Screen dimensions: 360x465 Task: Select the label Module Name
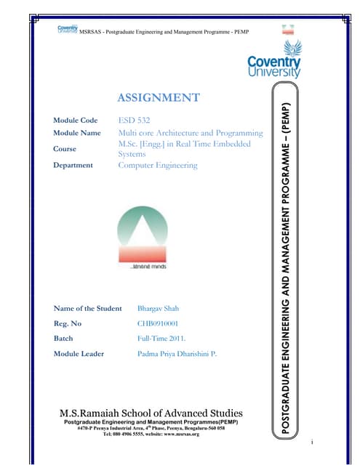(76, 134)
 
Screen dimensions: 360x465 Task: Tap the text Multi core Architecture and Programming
(191, 134)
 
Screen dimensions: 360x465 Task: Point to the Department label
(73, 165)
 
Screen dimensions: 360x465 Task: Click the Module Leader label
(79, 354)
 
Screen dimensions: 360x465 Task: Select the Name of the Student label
(87, 309)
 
